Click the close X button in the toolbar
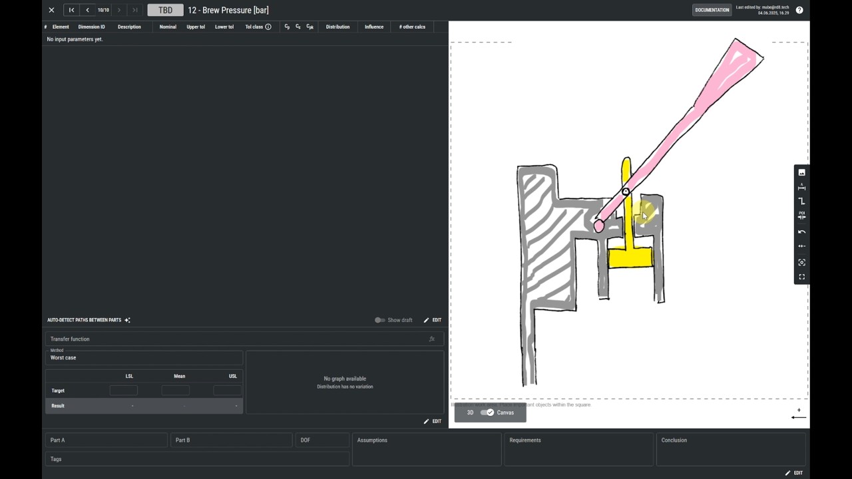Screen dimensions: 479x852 [x=51, y=10]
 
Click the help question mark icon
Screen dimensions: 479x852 [x=799, y=10]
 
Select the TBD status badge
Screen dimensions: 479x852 [x=165, y=10]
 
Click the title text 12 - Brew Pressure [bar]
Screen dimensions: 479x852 [x=228, y=10]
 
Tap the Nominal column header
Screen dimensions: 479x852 [x=168, y=27]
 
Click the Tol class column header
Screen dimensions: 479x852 [x=254, y=27]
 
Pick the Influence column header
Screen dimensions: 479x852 [x=373, y=27]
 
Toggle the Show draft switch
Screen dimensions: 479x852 [x=380, y=320]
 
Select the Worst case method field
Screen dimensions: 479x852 [x=143, y=357]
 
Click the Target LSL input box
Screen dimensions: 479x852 [x=124, y=391]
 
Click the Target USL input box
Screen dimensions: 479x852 [x=227, y=391]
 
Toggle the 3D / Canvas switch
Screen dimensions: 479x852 [x=488, y=412]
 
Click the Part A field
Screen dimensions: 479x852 [x=106, y=440]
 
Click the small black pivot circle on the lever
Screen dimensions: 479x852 [x=626, y=192]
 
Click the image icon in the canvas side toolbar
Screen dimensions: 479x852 [x=801, y=173]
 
